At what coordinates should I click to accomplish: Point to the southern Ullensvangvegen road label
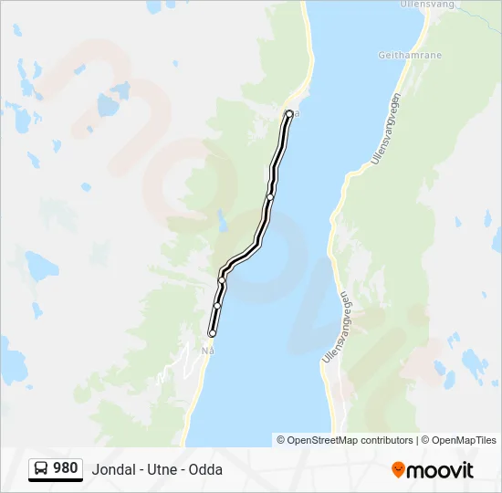(336, 328)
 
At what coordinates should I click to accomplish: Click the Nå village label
(207, 350)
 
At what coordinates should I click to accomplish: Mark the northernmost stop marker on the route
(289, 114)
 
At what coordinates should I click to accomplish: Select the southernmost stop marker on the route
(213, 334)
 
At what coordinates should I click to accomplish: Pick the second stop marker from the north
(270, 196)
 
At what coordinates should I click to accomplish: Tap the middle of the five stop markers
(222, 280)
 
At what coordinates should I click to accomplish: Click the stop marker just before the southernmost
(217, 306)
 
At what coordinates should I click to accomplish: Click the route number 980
(66, 468)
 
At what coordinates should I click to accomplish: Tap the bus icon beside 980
(42, 469)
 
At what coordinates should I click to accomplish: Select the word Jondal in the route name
(112, 470)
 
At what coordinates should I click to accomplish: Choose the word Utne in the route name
(162, 470)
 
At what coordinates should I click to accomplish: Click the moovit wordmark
(440, 470)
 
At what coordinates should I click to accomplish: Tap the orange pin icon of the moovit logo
(398, 470)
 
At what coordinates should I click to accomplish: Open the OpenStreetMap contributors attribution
(350, 440)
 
